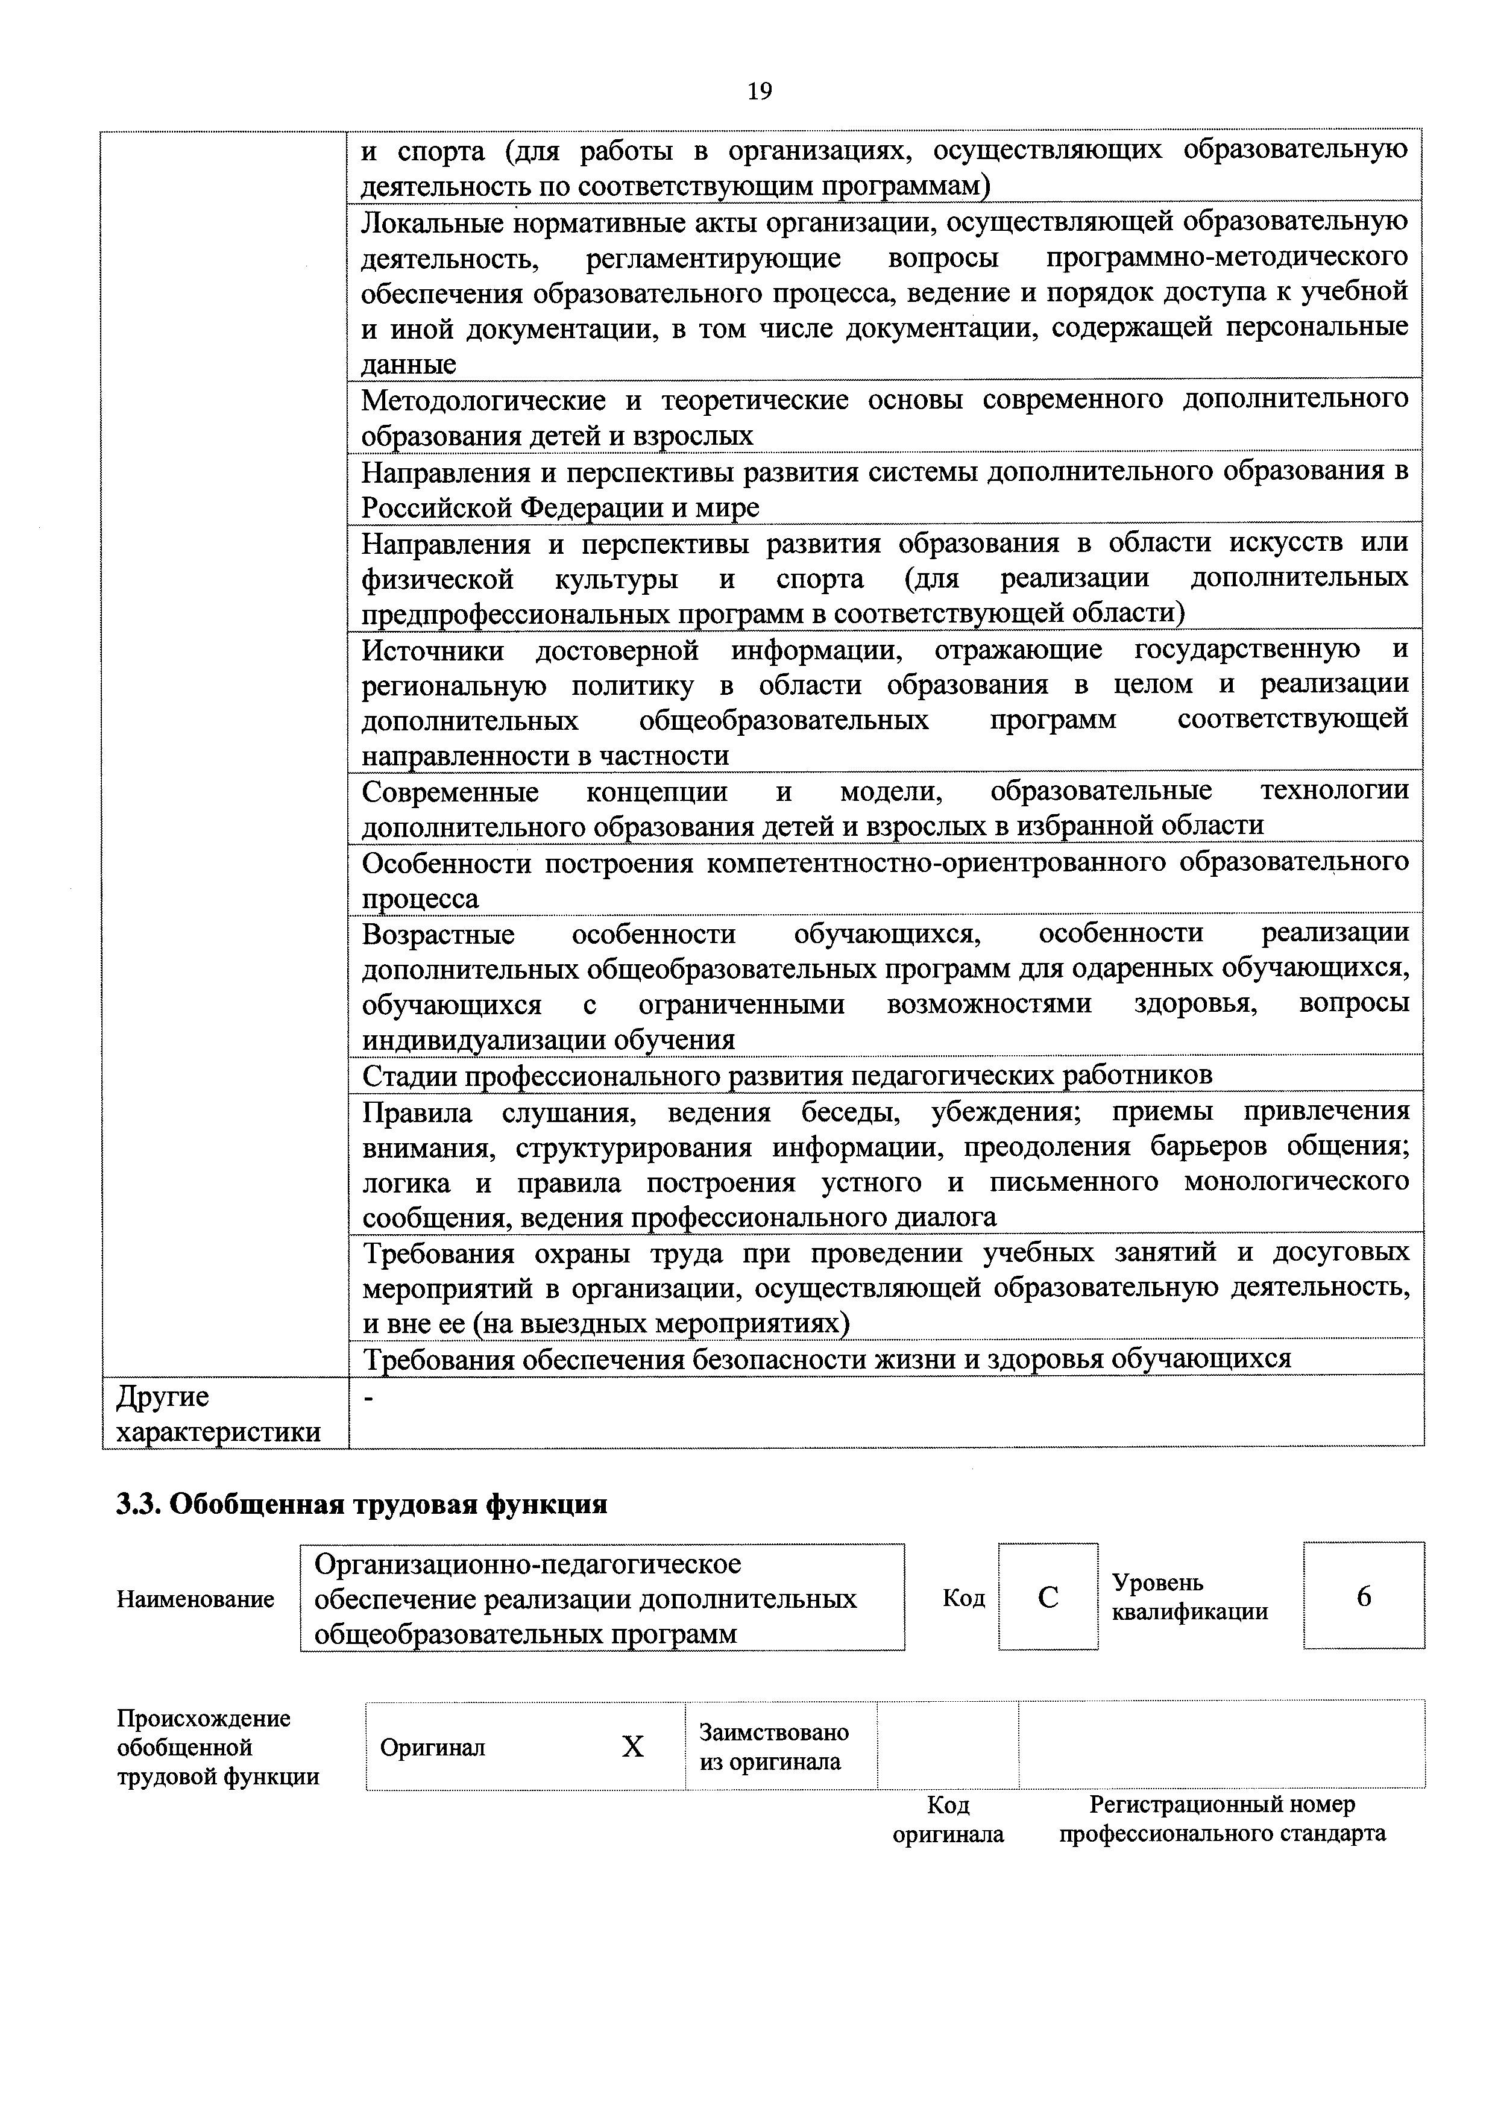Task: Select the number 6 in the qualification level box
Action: click(x=1363, y=1596)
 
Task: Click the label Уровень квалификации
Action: click(x=1189, y=1598)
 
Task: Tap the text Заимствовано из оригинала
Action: click(x=774, y=1746)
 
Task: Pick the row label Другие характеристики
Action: click(x=218, y=1414)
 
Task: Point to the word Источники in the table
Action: click(x=432, y=650)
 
